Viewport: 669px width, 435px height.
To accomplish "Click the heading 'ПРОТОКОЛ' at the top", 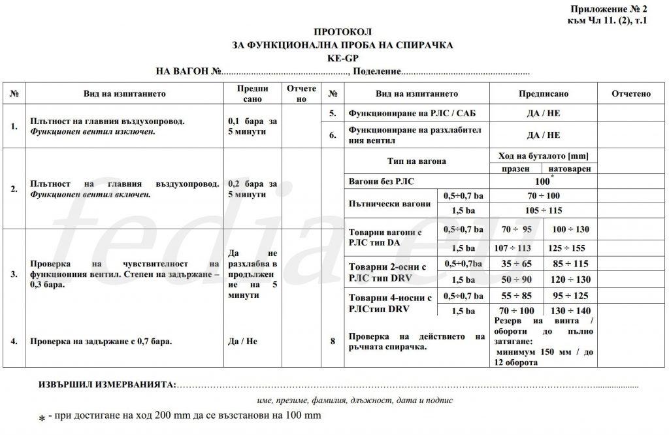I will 342,31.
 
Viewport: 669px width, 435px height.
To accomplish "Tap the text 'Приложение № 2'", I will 609,9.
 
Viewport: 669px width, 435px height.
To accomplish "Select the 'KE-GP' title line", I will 342,57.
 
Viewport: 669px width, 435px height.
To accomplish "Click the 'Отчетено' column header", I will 631,94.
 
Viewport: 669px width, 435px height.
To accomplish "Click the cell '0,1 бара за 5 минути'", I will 253,126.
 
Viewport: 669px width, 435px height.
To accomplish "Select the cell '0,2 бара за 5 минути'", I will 253,189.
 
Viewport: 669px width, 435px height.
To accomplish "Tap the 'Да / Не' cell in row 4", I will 243,341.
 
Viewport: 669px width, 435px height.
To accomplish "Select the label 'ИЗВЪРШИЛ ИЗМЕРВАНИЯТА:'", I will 108,384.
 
